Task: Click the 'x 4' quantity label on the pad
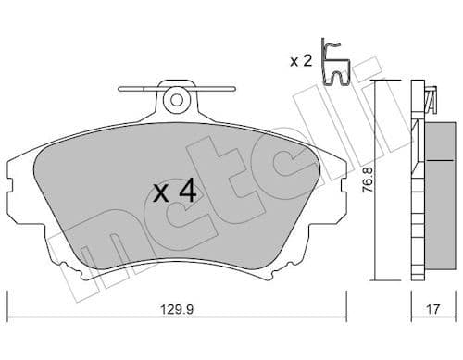(x=174, y=192)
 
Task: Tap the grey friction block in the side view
(x=436, y=177)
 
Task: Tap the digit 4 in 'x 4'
(x=187, y=192)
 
